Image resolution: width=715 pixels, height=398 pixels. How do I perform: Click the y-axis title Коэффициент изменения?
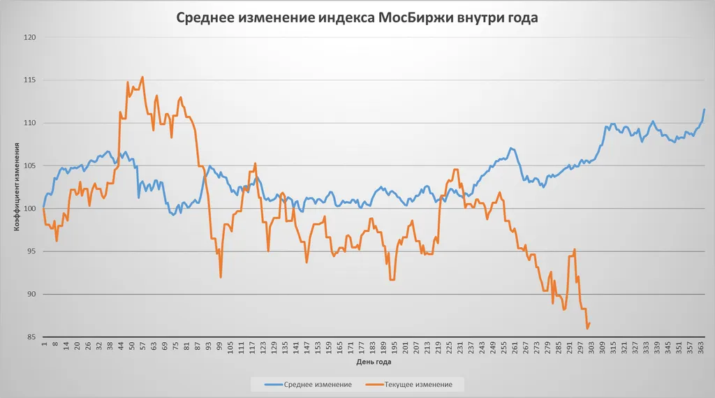[x=15, y=187]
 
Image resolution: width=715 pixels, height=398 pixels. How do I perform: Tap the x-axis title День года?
[x=374, y=362]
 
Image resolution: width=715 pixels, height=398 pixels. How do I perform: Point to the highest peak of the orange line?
[x=142, y=77]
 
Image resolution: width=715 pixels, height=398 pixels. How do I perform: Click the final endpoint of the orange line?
[x=590, y=323]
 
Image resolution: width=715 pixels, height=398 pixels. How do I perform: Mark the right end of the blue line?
[x=705, y=109]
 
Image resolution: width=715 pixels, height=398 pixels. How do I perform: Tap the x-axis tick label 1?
[x=43, y=344]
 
